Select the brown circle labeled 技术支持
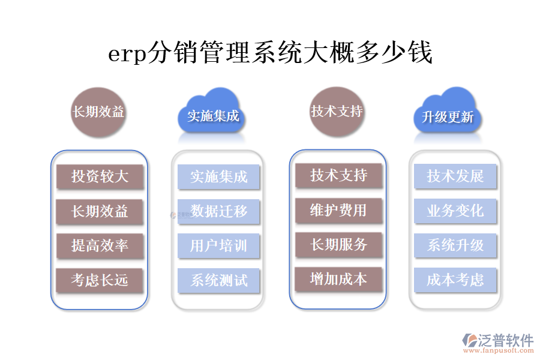click(x=337, y=111)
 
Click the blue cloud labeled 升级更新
click(x=448, y=115)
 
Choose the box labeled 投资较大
click(x=100, y=176)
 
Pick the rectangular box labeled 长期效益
click(x=100, y=211)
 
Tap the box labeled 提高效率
click(x=100, y=245)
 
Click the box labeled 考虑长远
click(x=100, y=280)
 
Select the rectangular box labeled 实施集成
click(x=218, y=177)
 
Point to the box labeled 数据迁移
click(x=218, y=211)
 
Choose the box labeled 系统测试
click(x=218, y=280)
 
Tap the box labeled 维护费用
click(x=338, y=210)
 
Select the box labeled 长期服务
click(x=338, y=245)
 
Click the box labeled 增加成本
click(x=338, y=279)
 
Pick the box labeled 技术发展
click(x=455, y=176)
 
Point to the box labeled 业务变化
click(x=455, y=211)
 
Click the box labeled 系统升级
click(x=455, y=245)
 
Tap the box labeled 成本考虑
click(x=455, y=280)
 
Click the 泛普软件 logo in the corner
click(x=497, y=343)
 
